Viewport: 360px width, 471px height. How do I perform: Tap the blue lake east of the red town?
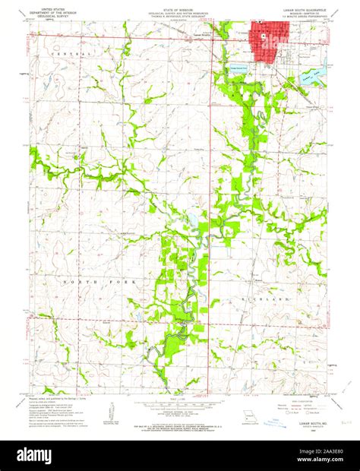point(309,74)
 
